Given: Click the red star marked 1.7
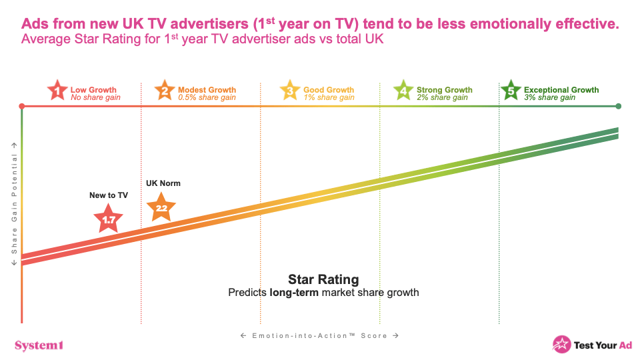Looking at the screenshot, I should pyautogui.click(x=108, y=218).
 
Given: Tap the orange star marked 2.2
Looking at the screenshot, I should pyautogui.click(x=161, y=207).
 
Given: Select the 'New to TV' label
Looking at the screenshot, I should pyautogui.click(x=109, y=195).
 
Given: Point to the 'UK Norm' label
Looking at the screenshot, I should pyautogui.click(x=163, y=183).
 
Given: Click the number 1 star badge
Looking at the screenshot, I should pyautogui.click(x=58, y=91).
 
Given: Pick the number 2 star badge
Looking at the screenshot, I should pyautogui.click(x=164, y=91).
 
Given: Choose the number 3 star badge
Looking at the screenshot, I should pyautogui.click(x=290, y=91).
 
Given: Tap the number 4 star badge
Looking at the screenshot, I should pyautogui.click(x=403, y=91).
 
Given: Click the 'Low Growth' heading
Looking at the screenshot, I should pyautogui.click(x=93, y=90).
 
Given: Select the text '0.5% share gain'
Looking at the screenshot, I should pyautogui.click(x=207, y=98).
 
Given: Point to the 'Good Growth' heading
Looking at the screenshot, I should pyautogui.click(x=329, y=90).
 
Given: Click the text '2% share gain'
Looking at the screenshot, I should pyautogui.click(x=442, y=98).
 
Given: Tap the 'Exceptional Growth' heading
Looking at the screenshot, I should pyautogui.click(x=561, y=90).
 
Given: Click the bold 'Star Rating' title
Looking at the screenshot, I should pyautogui.click(x=323, y=279).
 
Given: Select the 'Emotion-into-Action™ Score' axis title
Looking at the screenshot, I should pyautogui.click(x=320, y=335).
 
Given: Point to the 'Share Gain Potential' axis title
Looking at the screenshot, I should pyautogui.click(x=14, y=204).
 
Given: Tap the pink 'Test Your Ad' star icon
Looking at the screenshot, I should pyautogui.click(x=561, y=344).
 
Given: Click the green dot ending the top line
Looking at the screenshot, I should pyautogui.click(x=619, y=107).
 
